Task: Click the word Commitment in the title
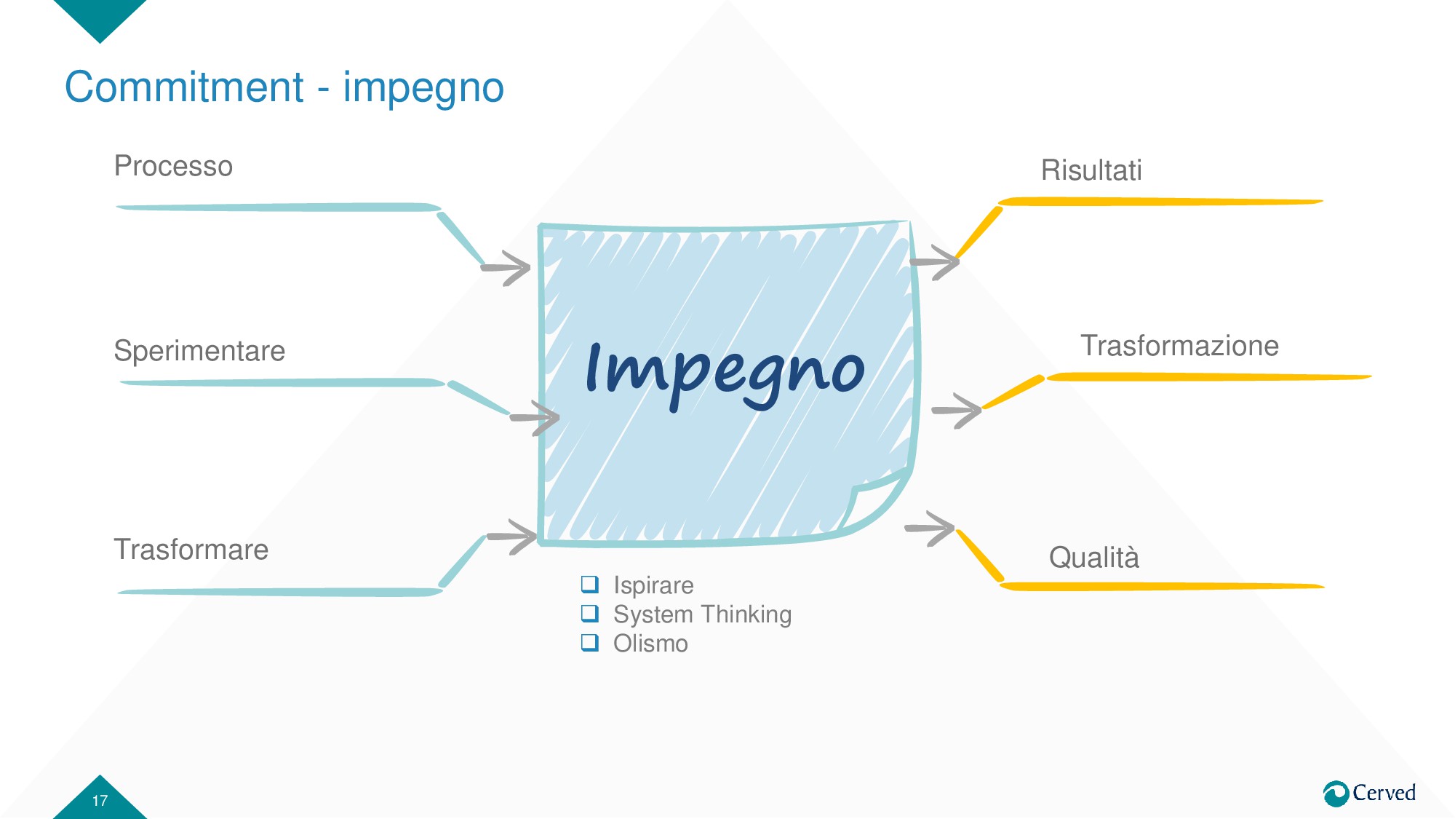pos(184,87)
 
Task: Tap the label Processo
pos(173,166)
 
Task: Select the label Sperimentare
pos(199,351)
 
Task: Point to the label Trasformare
pos(191,550)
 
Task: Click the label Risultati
pos(1091,170)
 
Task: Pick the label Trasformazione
pos(1179,346)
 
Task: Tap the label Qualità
pos(1093,558)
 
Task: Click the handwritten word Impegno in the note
pos(725,371)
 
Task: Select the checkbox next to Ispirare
pos(589,584)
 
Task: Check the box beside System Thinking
pos(589,614)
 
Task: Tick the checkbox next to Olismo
pos(589,643)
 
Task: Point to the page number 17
pos(100,801)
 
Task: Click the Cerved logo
pos(1369,793)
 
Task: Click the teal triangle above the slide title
pos(100,16)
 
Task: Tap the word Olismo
pos(650,644)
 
